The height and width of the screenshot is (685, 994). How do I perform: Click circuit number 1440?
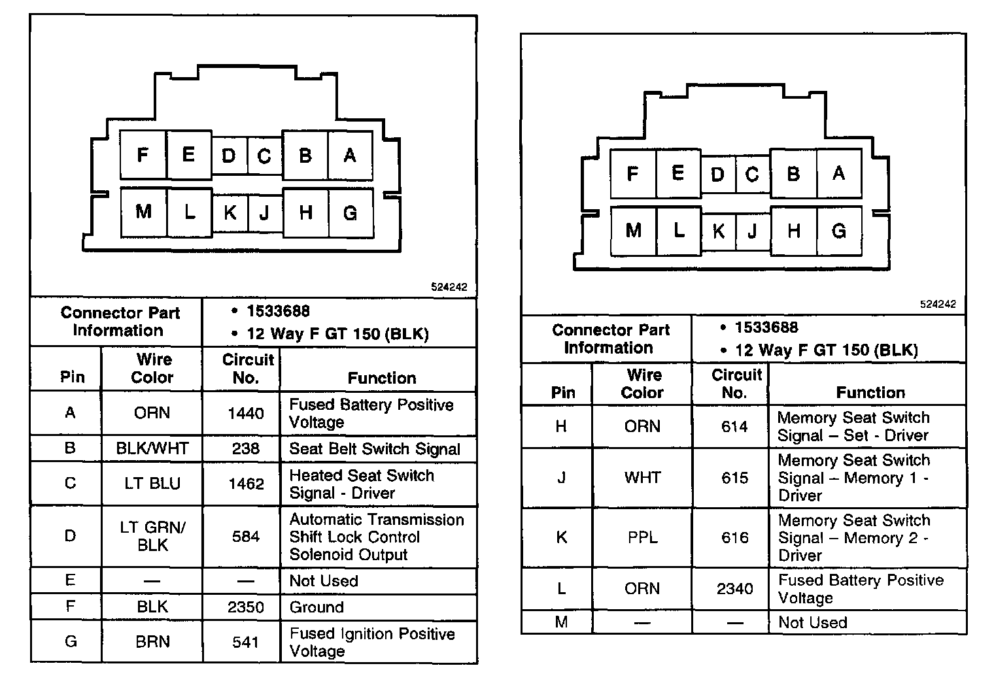tap(246, 413)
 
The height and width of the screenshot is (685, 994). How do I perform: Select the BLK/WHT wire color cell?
tap(152, 448)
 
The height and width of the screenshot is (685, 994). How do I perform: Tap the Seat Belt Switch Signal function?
tap(375, 449)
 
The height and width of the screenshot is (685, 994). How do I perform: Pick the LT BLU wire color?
tap(152, 484)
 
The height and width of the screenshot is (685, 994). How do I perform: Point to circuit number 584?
tap(246, 537)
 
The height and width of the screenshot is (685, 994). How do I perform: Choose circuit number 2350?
tap(246, 607)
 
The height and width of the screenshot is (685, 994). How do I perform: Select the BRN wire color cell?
tap(152, 642)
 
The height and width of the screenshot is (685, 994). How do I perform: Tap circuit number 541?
tap(246, 642)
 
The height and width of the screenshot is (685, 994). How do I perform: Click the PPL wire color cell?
tap(642, 538)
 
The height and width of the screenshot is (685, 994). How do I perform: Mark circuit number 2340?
tap(735, 589)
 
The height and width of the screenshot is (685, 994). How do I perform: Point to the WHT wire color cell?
tap(642, 478)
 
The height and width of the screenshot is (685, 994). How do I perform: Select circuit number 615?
tap(735, 478)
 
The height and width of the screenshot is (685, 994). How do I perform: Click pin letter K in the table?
tap(561, 538)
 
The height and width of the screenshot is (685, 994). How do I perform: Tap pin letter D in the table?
tap(70, 537)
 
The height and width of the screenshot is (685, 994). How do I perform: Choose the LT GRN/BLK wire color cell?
tap(152, 536)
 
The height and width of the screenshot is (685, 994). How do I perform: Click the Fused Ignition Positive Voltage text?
tap(371, 642)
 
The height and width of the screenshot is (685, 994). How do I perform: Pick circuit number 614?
tap(735, 427)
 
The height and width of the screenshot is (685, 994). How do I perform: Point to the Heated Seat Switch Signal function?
tap(362, 484)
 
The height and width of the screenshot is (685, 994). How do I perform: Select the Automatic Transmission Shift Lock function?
tap(377, 537)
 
